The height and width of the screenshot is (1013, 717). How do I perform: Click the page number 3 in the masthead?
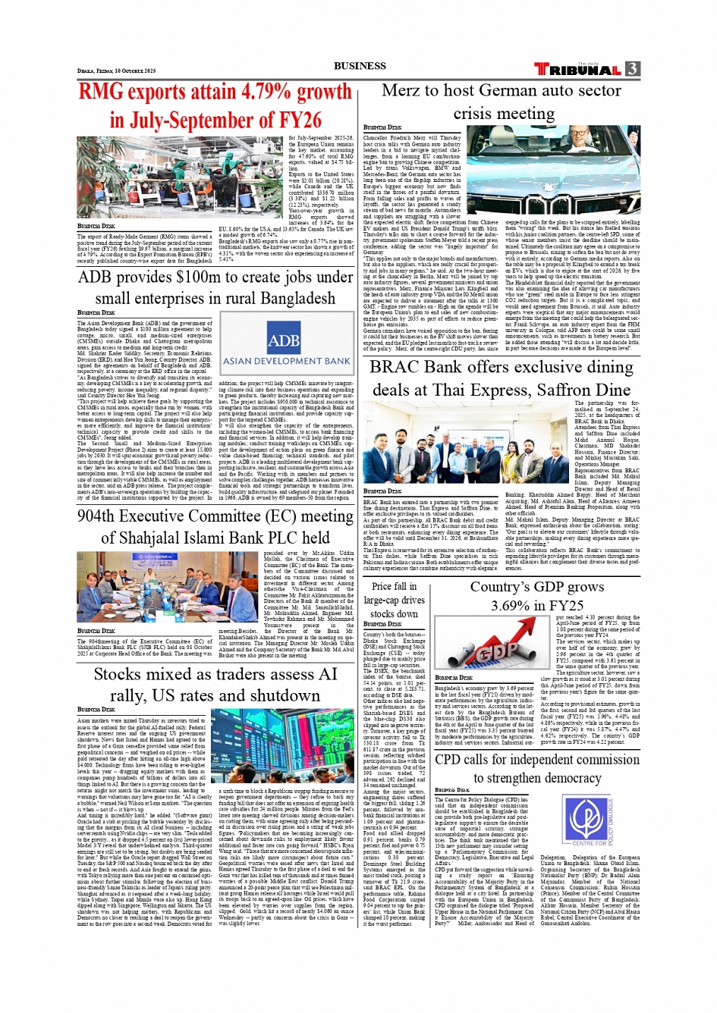[633, 69]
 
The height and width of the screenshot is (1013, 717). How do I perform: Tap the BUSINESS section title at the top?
[360, 66]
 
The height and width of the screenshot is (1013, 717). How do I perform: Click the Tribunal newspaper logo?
[577, 69]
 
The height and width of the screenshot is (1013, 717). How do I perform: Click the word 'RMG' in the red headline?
[101, 92]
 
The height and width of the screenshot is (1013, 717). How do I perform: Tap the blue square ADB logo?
[284, 340]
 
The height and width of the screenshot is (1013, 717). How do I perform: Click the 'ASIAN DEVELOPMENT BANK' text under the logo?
[286, 362]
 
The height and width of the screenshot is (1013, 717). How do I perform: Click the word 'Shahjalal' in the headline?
[172, 538]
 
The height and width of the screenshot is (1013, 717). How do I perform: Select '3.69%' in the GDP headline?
[514, 605]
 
